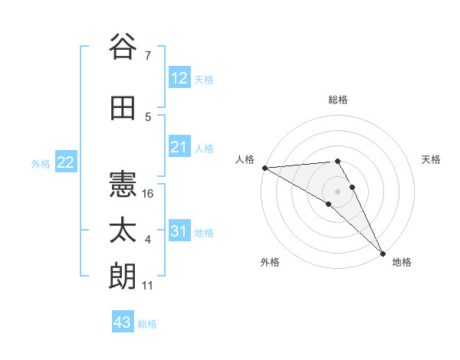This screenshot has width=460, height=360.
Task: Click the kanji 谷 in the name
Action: pos(123,47)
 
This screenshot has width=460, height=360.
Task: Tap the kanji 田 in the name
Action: pos(123,110)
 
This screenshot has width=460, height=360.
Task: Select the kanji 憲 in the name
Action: pos(123,184)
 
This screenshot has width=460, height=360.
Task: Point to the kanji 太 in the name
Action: pos(123,231)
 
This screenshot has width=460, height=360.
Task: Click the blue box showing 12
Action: pos(179,78)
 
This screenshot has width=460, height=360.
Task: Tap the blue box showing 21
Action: pos(179,147)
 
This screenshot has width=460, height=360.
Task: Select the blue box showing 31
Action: pos(179,231)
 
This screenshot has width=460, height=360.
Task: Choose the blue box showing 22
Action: pos(66,162)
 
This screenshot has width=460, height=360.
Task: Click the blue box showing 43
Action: pos(123,322)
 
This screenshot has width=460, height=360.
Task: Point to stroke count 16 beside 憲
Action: pos(149,194)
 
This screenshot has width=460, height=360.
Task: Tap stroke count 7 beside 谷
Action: pos(148,56)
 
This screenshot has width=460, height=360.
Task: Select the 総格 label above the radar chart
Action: pos(338,100)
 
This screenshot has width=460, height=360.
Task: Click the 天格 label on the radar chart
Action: pos(431,159)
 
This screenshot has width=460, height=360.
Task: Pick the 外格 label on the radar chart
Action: pos(270,262)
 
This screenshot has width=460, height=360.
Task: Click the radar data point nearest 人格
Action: pos(264,168)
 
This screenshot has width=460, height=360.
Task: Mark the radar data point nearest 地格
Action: pos(382,252)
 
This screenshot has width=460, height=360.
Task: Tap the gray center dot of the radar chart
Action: pos(337,190)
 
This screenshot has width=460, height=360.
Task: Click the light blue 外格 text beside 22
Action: pos(40,163)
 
